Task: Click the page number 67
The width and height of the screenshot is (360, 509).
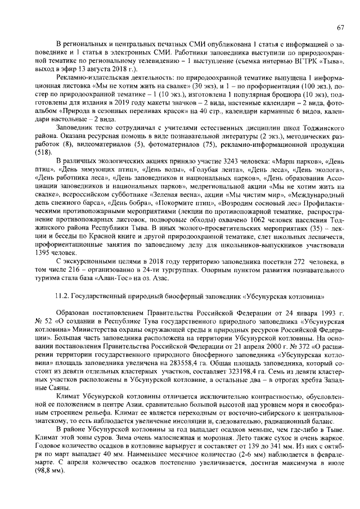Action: click(340, 28)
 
